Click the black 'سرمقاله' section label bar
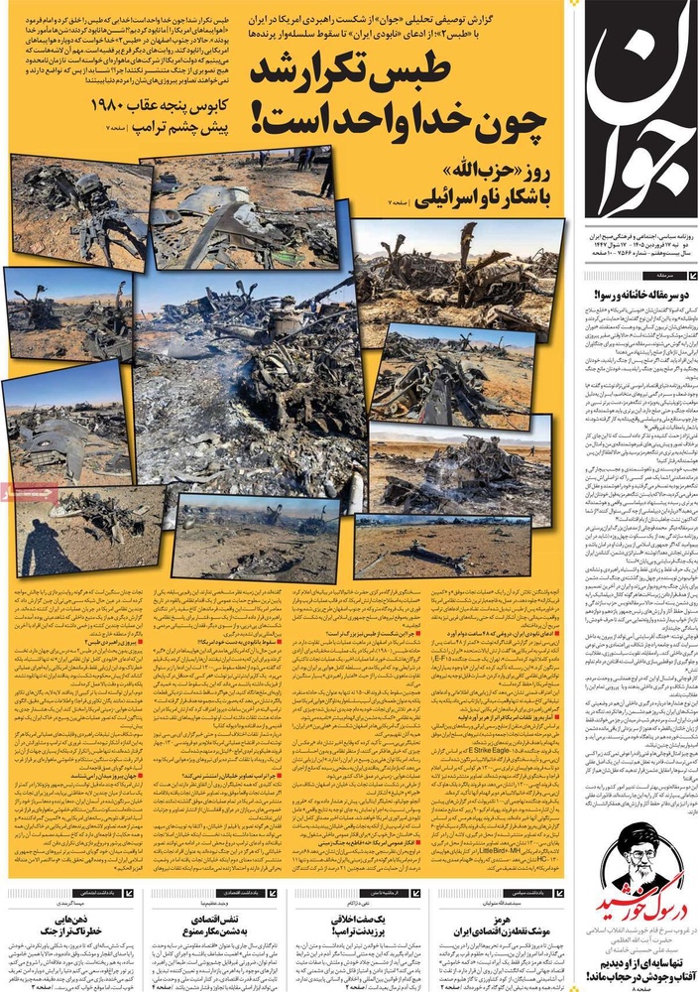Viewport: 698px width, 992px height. [x=653, y=272]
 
